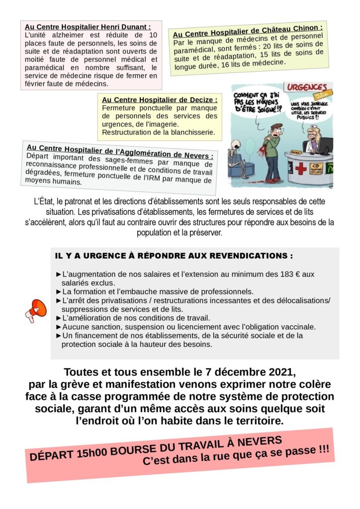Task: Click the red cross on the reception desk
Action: tap(300, 169)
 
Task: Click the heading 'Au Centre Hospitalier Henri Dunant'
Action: tap(88, 26)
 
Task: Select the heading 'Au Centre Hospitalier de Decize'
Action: tap(160, 99)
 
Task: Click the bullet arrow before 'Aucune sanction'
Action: tap(59, 327)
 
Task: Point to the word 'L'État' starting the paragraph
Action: tap(43, 201)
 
